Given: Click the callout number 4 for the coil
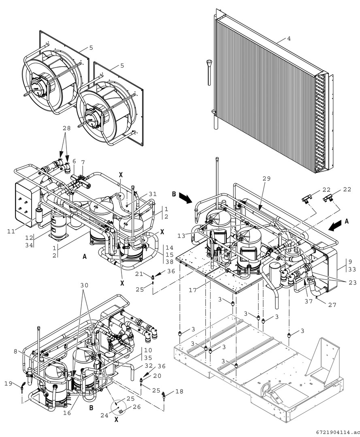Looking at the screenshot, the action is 289,39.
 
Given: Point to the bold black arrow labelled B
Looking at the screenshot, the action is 185,197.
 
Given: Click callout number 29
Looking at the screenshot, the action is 266,179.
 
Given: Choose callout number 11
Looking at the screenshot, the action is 11,231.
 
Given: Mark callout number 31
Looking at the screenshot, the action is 153,194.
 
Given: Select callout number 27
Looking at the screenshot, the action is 332,305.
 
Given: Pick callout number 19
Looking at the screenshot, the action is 9,384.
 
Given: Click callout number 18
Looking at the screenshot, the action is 179,391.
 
